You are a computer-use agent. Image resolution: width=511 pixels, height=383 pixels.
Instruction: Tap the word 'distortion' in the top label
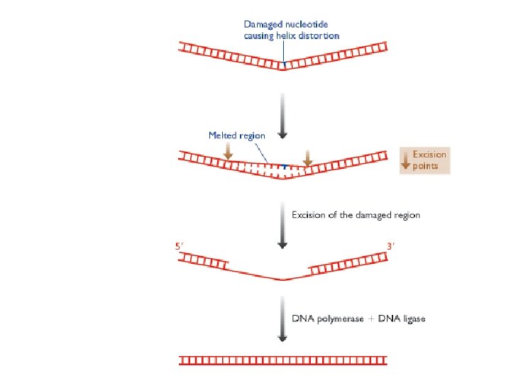[317, 35]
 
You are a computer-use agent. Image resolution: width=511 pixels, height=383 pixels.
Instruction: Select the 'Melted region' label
[236, 135]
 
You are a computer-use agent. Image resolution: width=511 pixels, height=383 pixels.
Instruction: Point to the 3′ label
[390, 247]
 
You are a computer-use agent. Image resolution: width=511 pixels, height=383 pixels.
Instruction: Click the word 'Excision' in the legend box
[429, 155]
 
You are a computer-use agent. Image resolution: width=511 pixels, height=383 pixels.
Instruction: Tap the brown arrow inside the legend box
[407, 160]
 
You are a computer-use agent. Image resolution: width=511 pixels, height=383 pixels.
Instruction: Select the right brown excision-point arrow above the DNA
[307, 158]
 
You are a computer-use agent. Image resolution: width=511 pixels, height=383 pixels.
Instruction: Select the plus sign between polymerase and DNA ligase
[372, 319]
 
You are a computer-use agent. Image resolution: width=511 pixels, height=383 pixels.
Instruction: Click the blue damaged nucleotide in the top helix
[284, 65]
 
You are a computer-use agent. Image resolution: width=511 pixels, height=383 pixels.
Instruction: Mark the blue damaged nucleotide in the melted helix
[284, 167]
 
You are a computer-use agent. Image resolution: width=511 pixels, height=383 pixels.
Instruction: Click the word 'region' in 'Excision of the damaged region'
[406, 215]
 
